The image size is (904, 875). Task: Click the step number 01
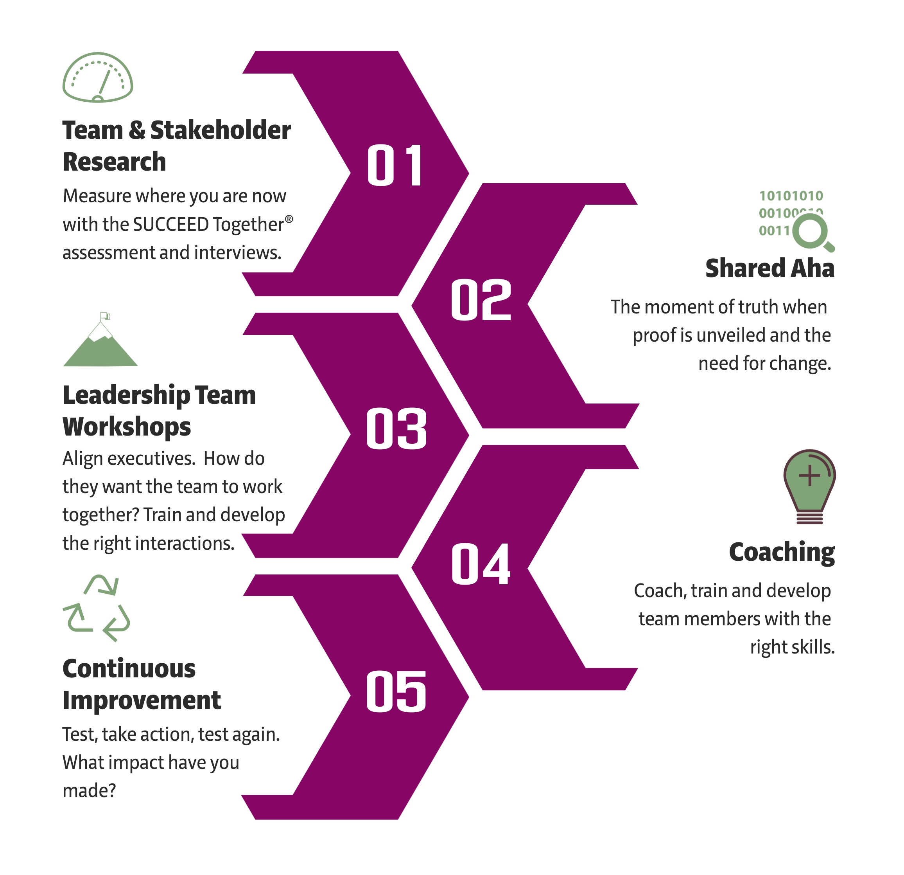click(x=395, y=165)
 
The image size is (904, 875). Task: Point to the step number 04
click(x=481, y=564)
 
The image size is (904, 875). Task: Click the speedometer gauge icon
click(x=98, y=77)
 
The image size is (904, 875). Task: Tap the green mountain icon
click(x=100, y=339)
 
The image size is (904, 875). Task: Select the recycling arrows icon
click(x=97, y=608)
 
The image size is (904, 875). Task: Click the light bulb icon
click(x=809, y=486)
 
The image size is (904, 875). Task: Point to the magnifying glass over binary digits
click(x=814, y=234)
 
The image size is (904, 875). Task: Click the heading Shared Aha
click(x=770, y=268)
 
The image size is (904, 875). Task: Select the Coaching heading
click(x=782, y=553)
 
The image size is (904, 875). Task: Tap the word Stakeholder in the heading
click(x=221, y=130)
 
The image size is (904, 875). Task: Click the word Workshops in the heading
click(x=127, y=427)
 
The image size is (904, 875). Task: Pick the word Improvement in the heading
click(x=142, y=700)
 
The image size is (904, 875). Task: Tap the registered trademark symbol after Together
click(x=289, y=219)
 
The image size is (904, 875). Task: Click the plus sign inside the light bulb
click(x=809, y=475)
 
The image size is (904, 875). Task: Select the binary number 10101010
click(x=791, y=196)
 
